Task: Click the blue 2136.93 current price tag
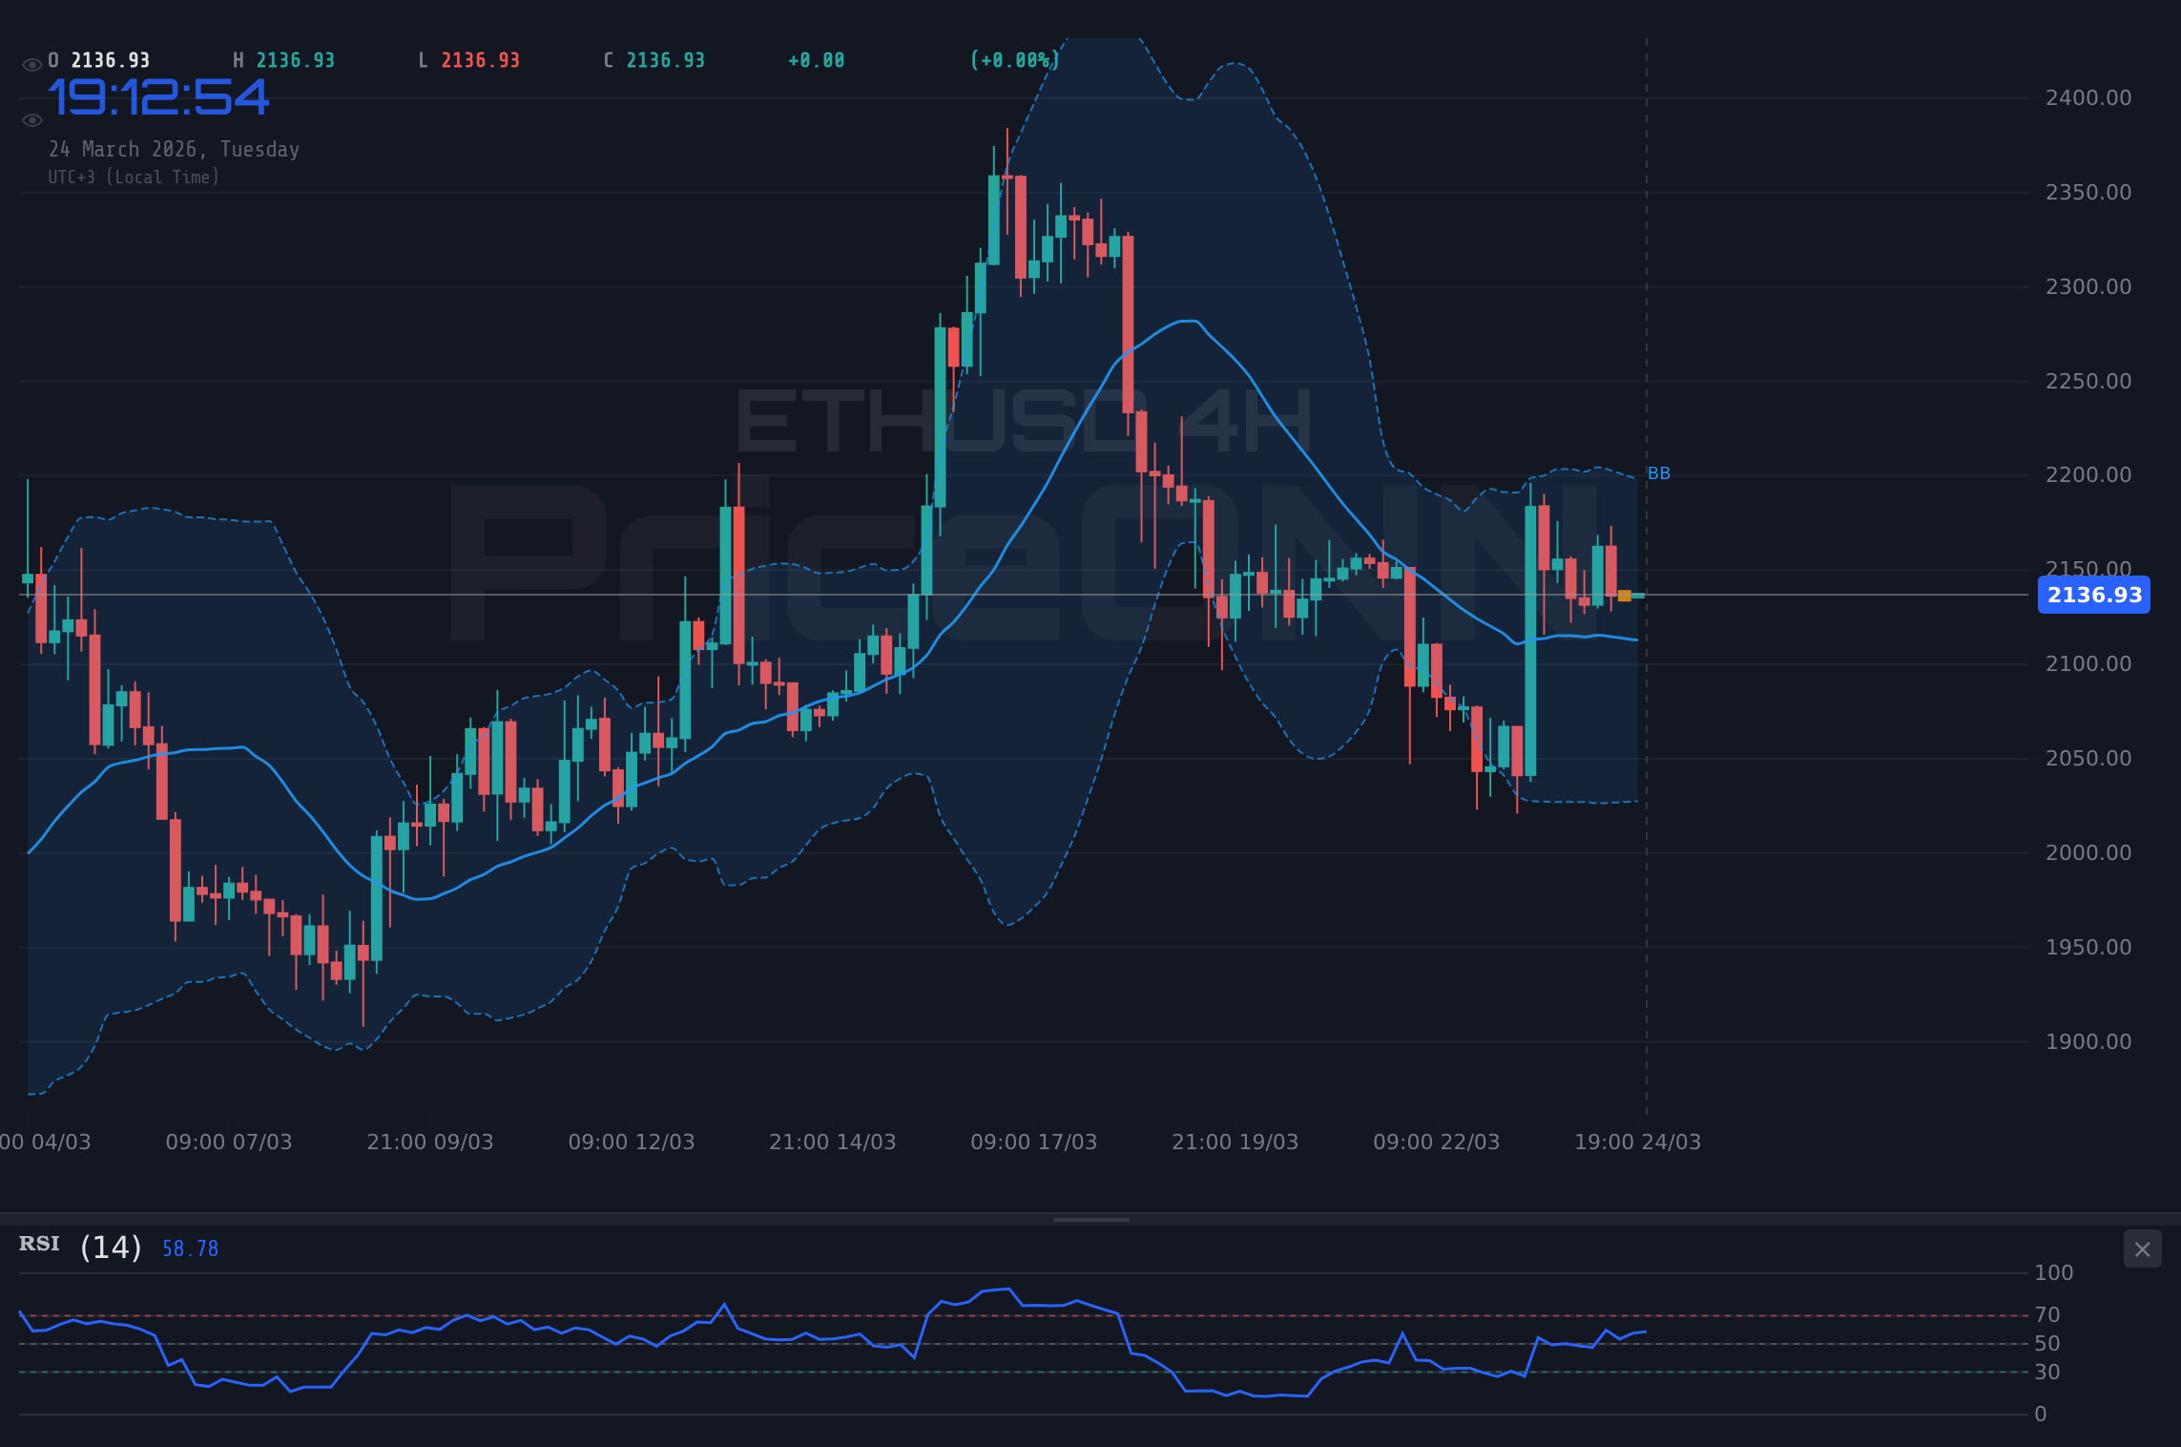[2093, 595]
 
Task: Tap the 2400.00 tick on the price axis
[2088, 98]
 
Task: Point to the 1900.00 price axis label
[2088, 1042]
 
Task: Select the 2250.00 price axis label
[2088, 382]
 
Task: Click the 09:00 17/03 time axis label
[1033, 1142]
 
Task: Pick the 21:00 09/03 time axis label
[429, 1142]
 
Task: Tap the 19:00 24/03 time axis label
[1637, 1142]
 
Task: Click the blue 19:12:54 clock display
[159, 98]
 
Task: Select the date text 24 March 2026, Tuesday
[175, 150]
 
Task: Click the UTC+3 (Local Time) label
[134, 178]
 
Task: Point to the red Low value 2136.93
[480, 61]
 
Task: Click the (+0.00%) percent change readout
[1014, 61]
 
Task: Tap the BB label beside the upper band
[1658, 473]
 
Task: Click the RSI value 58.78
[190, 1248]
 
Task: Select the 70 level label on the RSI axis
[2046, 1315]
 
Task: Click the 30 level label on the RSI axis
[2046, 1373]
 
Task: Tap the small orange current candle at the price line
[1625, 596]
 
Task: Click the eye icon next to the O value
[31, 65]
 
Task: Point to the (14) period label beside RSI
[111, 1248]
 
